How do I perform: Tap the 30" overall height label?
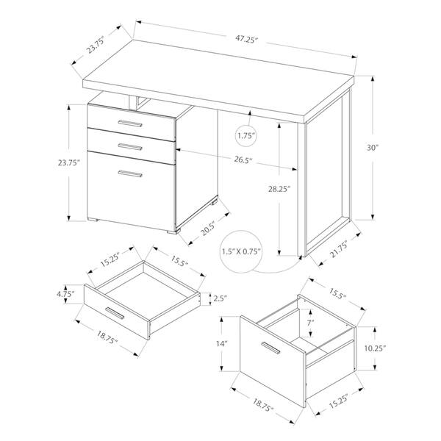click(373, 148)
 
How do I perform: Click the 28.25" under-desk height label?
click(279, 189)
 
